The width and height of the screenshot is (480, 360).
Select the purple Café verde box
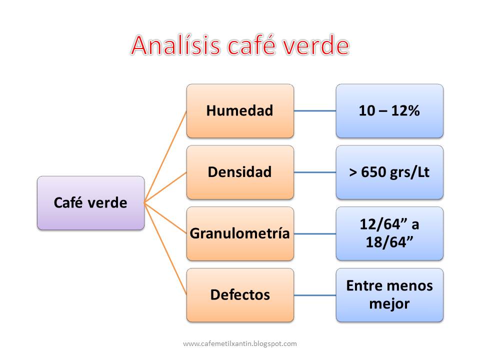coord(90,203)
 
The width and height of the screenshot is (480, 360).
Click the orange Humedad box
coord(240,110)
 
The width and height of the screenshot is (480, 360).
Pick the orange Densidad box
coord(240,172)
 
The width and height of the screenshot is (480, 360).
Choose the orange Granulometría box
coord(240,233)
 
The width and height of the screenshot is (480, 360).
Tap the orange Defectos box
coord(240,295)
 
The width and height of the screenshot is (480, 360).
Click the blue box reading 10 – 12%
coord(389,110)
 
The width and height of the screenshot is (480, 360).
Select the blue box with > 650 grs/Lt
coord(389,172)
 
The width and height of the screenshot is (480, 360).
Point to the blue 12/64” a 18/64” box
coord(389,233)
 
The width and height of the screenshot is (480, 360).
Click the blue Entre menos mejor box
coord(389,295)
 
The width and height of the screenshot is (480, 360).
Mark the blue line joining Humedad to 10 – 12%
coord(315,110)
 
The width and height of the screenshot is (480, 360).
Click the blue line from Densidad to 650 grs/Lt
coord(315,172)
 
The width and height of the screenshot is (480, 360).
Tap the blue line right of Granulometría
coord(315,233)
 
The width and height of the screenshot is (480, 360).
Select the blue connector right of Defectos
coord(315,295)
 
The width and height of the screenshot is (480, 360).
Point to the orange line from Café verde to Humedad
coord(165,156)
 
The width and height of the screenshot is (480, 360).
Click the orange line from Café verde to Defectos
coord(165,249)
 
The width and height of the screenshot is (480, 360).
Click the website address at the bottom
coord(240,343)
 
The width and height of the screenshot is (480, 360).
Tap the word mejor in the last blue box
coord(389,303)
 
